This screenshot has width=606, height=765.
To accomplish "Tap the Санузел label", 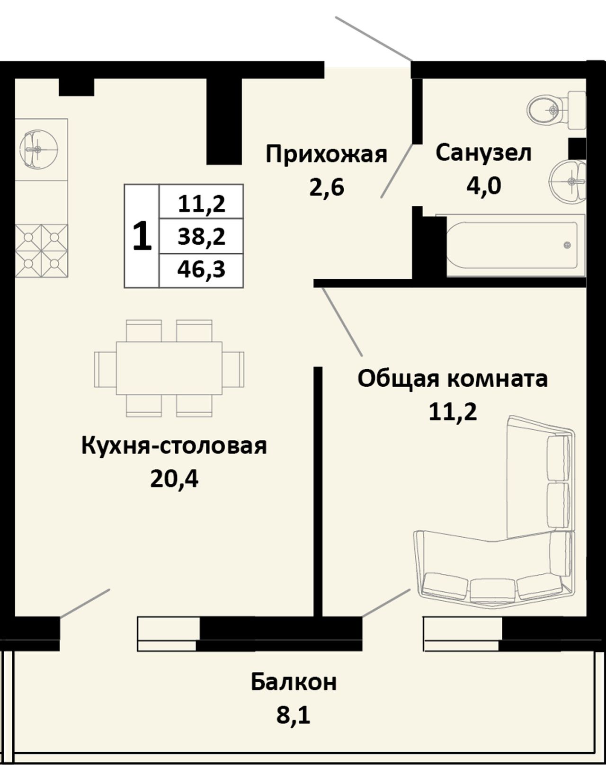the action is [483, 153].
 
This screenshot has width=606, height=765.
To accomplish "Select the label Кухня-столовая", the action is [174, 446].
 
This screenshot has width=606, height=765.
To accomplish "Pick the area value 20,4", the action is [174, 479].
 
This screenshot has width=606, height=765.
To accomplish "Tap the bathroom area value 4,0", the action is [484, 186].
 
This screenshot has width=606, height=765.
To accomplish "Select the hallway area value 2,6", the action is [327, 187].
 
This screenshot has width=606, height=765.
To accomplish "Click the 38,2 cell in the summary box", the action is [202, 236].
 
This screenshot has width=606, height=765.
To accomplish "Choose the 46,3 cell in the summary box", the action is [202, 270].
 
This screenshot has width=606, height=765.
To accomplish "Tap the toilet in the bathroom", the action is [556, 109].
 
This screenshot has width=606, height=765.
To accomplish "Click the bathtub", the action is [510, 246].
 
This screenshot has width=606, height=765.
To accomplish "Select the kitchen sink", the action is [38, 149].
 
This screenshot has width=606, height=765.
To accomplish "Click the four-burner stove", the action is [41, 250].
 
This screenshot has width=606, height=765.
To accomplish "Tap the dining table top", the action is [169, 368].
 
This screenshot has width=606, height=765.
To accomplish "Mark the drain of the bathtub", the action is [567, 245].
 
